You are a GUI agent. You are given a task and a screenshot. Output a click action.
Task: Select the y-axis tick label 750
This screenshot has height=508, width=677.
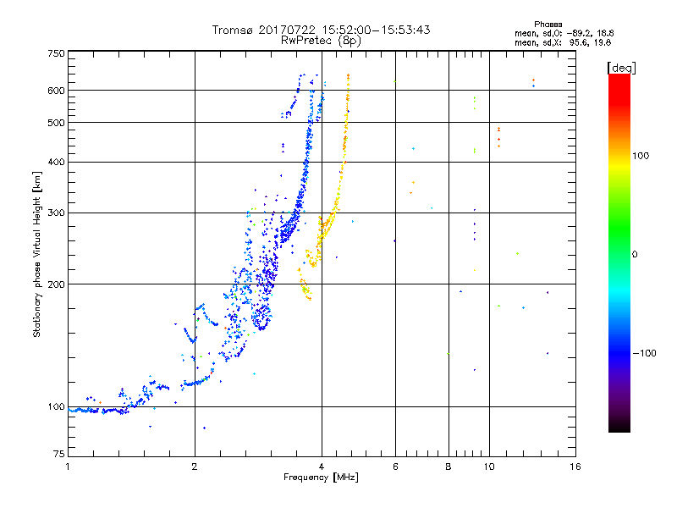pyautogui.click(x=56, y=53)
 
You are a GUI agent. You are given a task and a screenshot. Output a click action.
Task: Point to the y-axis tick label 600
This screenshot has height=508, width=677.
pyautogui.click(x=56, y=91)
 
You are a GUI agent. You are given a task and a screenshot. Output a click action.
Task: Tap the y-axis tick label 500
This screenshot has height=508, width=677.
pyautogui.click(x=56, y=123)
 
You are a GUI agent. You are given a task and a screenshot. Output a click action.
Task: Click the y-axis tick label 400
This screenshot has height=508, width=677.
pyautogui.click(x=56, y=162)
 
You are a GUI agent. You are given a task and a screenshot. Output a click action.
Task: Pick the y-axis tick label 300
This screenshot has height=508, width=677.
pyautogui.click(x=56, y=213)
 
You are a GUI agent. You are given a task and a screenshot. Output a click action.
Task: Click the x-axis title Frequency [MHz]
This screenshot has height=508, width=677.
pyautogui.click(x=321, y=478)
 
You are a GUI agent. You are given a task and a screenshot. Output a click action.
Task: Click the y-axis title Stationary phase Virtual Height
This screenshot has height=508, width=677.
pyautogui.click(x=37, y=254)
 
